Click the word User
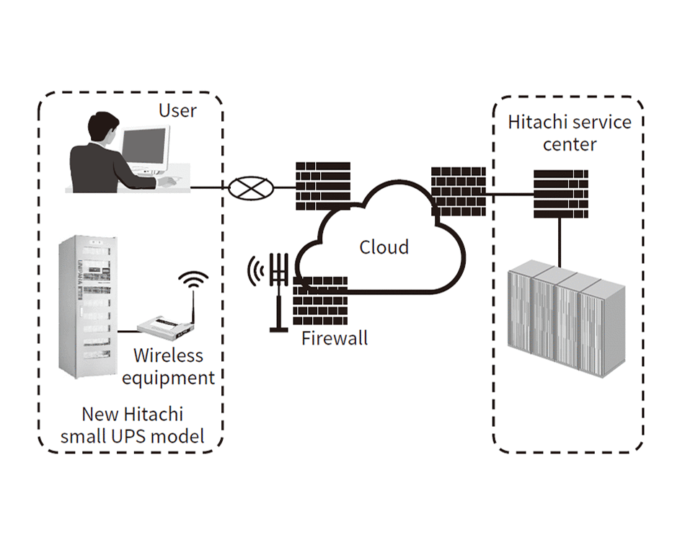[x=177, y=110]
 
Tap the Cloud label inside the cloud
[x=384, y=247]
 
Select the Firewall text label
[x=335, y=337]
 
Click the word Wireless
[x=169, y=355]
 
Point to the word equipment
[x=168, y=377]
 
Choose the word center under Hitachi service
[x=570, y=144]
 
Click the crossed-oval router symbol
[x=252, y=189]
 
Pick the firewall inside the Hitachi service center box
[x=560, y=193]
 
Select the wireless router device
[x=168, y=329]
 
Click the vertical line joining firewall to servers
[x=560, y=241]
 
